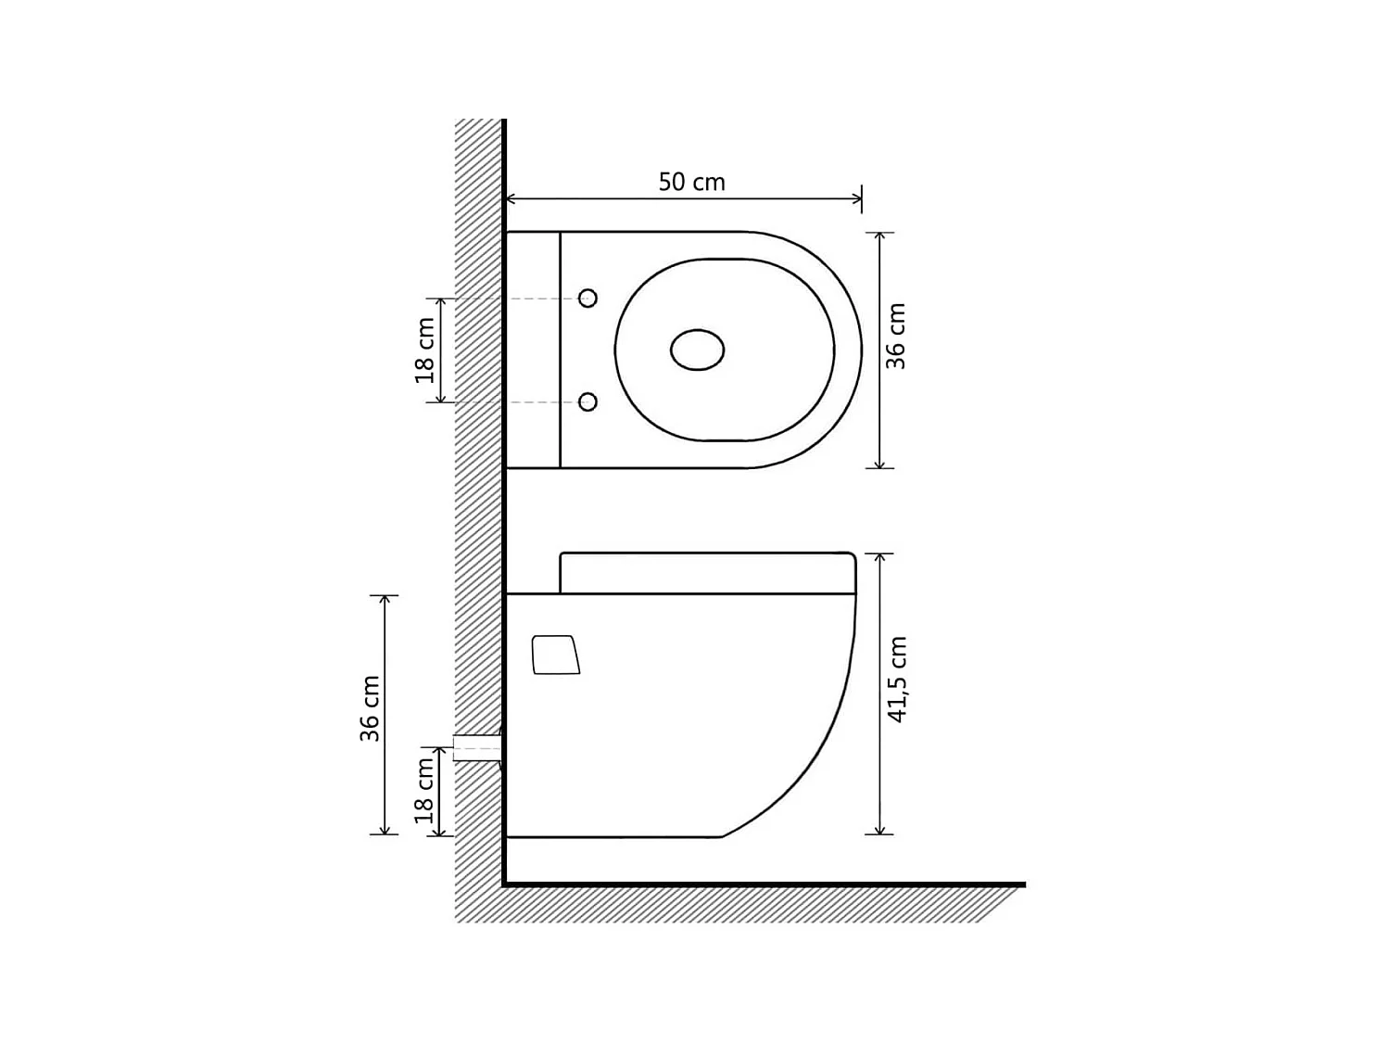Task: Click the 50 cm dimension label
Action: [x=691, y=182]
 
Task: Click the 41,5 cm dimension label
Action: [x=897, y=680]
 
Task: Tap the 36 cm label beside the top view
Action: [x=896, y=337]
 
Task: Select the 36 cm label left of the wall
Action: [x=370, y=708]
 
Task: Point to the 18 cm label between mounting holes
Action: [x=425, y=350]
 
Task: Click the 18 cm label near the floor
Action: [x=425, y=790]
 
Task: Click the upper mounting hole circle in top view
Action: [x=588, y=298]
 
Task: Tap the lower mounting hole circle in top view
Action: [x=588, y=401]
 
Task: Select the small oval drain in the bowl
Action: [x=697, y=350]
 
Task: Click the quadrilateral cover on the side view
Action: [x=556, y=655]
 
